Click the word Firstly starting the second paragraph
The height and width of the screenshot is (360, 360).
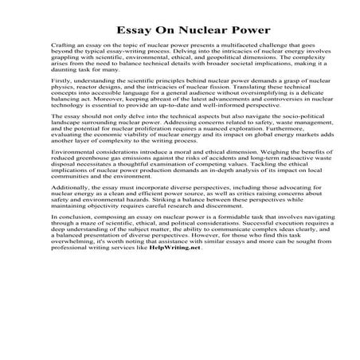61,102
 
